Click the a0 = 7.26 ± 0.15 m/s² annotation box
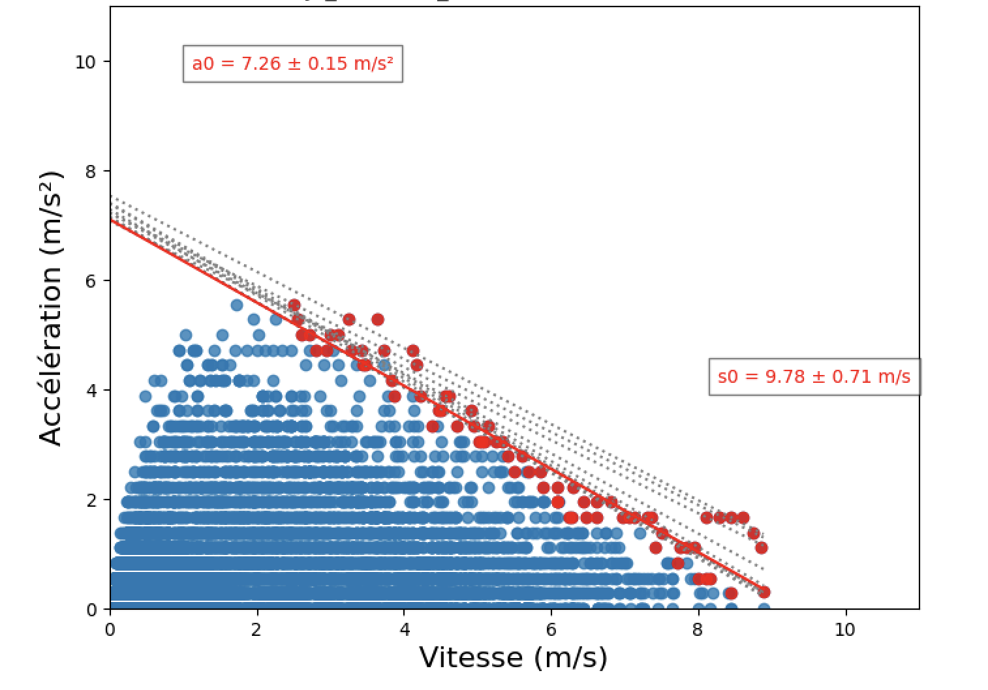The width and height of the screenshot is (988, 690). coord(292,64)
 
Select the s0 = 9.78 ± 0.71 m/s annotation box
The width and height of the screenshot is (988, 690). coord(814,377)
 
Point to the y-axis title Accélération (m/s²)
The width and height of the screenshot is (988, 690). coord(51,308)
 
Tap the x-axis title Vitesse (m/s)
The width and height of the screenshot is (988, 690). coord(513,657)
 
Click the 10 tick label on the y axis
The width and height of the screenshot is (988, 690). coord(85,62)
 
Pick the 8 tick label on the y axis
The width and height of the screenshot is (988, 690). coord(90,172)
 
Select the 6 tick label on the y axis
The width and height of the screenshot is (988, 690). coord(90,281)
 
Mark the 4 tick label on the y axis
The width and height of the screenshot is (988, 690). coord(90,391)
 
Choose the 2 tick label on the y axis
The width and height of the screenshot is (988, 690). coord(90,500)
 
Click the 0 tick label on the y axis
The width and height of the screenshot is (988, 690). coord(90,610)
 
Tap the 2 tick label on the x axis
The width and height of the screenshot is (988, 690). coord(257,630)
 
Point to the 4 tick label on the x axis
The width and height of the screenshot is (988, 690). coord(405,630)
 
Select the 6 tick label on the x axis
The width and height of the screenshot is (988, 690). coord(551,630)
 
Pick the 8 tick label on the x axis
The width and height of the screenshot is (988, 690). coord(698,630)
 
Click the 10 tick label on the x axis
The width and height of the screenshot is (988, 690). coord(845,630)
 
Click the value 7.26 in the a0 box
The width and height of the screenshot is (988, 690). coord(260,64)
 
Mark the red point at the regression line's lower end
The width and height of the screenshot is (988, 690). coord(764,592)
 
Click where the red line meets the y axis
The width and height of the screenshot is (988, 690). coord(111,220)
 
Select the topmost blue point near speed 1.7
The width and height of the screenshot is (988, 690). coord(237,305)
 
